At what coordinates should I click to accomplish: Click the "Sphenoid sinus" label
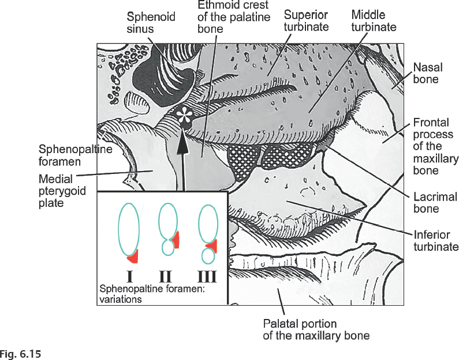tap(151, 22)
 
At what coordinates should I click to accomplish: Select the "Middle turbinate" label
tap(374, 20)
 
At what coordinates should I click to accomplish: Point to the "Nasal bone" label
tap(426, 73)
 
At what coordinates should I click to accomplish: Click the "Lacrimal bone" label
tap(435, 202)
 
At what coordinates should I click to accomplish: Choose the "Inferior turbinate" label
tap(436, 241)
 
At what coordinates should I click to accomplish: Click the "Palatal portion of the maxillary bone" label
tap(316, 329)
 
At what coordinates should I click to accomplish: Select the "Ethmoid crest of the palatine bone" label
tap(234, 17)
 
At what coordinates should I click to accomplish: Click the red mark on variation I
tap(133, 254)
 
